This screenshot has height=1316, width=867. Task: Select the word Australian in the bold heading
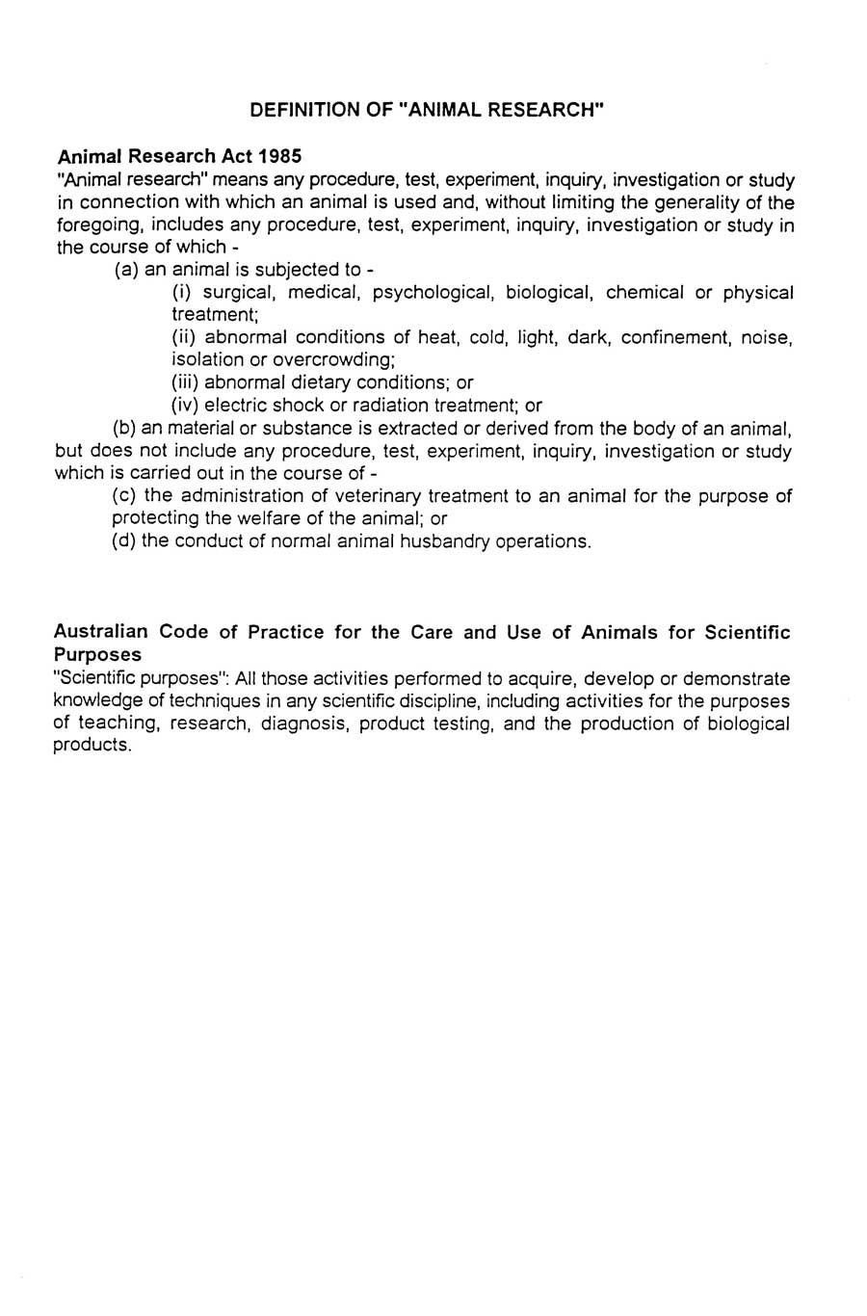(x=101, y=633)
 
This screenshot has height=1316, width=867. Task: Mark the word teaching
(x=121, y=724)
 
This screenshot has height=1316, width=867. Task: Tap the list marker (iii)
(x=185, y=382)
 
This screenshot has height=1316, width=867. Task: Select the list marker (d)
(x=123, y=541)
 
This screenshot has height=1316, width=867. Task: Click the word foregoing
(x=95, y=225)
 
